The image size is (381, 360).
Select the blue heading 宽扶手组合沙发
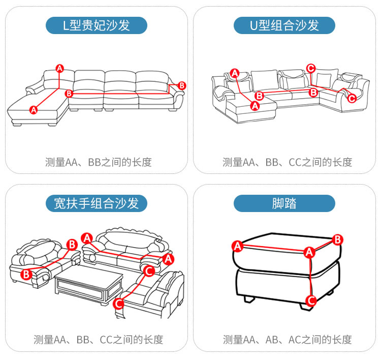[x=97, y=204]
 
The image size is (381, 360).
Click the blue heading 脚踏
[x=284, y=204]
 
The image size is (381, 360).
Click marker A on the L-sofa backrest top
[x=59, y=68]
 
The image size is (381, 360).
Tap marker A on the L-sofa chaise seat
[x=34, y=109]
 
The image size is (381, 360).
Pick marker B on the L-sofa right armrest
[x=182, y=85]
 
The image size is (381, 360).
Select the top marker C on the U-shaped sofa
[x=311, y=68]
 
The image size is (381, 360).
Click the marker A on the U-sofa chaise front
[x=255, y=106]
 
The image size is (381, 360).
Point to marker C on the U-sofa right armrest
[x=352, y=99]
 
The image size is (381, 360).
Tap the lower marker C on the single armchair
[x=118, y=304]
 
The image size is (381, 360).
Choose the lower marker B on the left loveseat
[x=26, y=275]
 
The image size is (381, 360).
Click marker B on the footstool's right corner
[x=338, y=239]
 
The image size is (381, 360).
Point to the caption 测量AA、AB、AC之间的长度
[x=287, y=339]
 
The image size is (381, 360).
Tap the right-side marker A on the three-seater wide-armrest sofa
[x=169, y=259]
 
